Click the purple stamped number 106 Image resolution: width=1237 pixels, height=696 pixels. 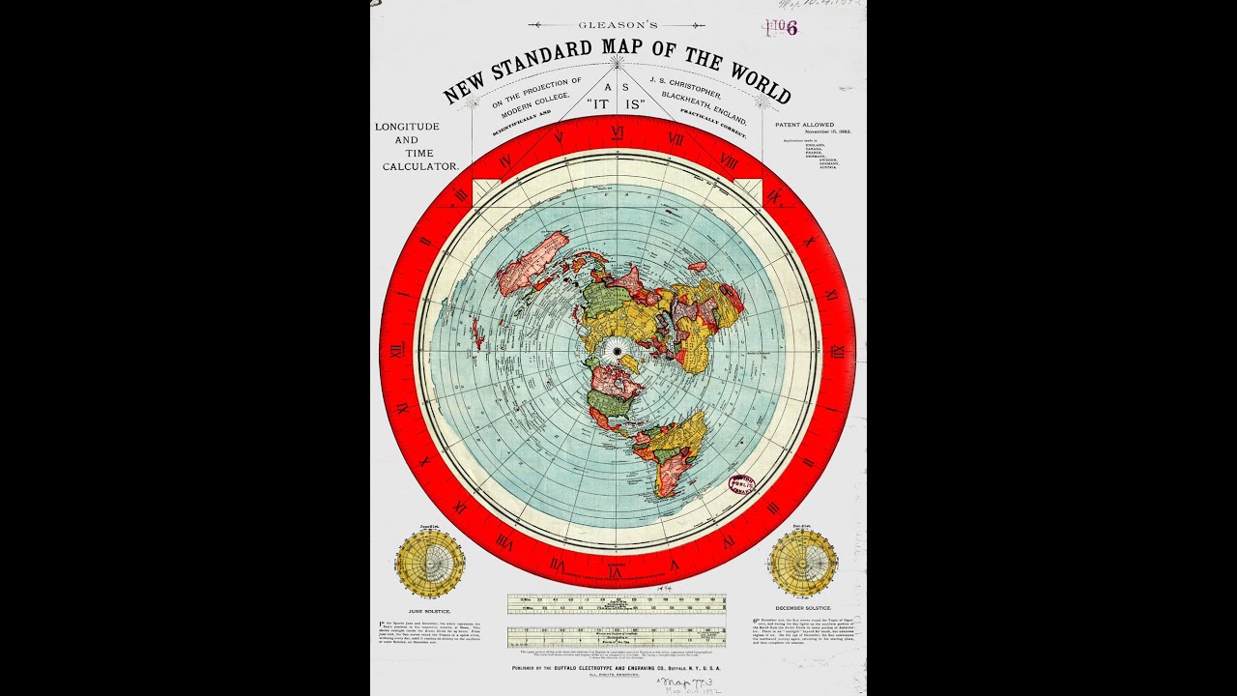784,27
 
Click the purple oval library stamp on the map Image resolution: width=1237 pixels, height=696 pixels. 742,483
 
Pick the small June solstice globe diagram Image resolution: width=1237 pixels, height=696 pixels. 430,563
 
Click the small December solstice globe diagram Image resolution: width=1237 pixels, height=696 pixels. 803,563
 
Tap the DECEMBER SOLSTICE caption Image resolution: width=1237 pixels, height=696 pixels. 803,607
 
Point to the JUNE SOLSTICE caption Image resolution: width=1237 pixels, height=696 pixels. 430,612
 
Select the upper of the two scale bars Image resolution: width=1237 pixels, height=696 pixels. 617,604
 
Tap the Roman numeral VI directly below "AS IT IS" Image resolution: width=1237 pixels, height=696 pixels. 617,132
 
